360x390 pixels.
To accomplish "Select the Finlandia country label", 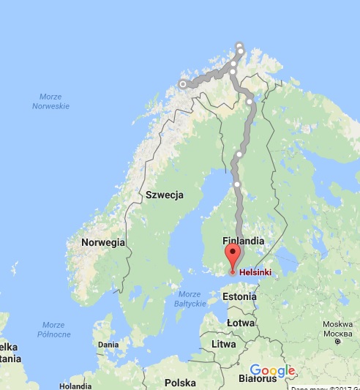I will (242, 241).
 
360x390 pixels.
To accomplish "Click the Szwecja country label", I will (164, 195).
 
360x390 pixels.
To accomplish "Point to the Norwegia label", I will (103, 242).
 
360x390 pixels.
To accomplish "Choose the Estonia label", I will (239, 297).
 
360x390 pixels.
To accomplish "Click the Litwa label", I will (224, 344).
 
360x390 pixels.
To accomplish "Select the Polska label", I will (180, 382).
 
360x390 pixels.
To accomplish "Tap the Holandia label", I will (75, 385).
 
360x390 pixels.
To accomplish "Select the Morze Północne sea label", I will (53, 329).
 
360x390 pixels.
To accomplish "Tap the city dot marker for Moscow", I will (337, 341).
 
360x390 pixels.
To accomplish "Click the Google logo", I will (271, 370).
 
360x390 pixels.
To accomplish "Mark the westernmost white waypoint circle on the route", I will (183, 84).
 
